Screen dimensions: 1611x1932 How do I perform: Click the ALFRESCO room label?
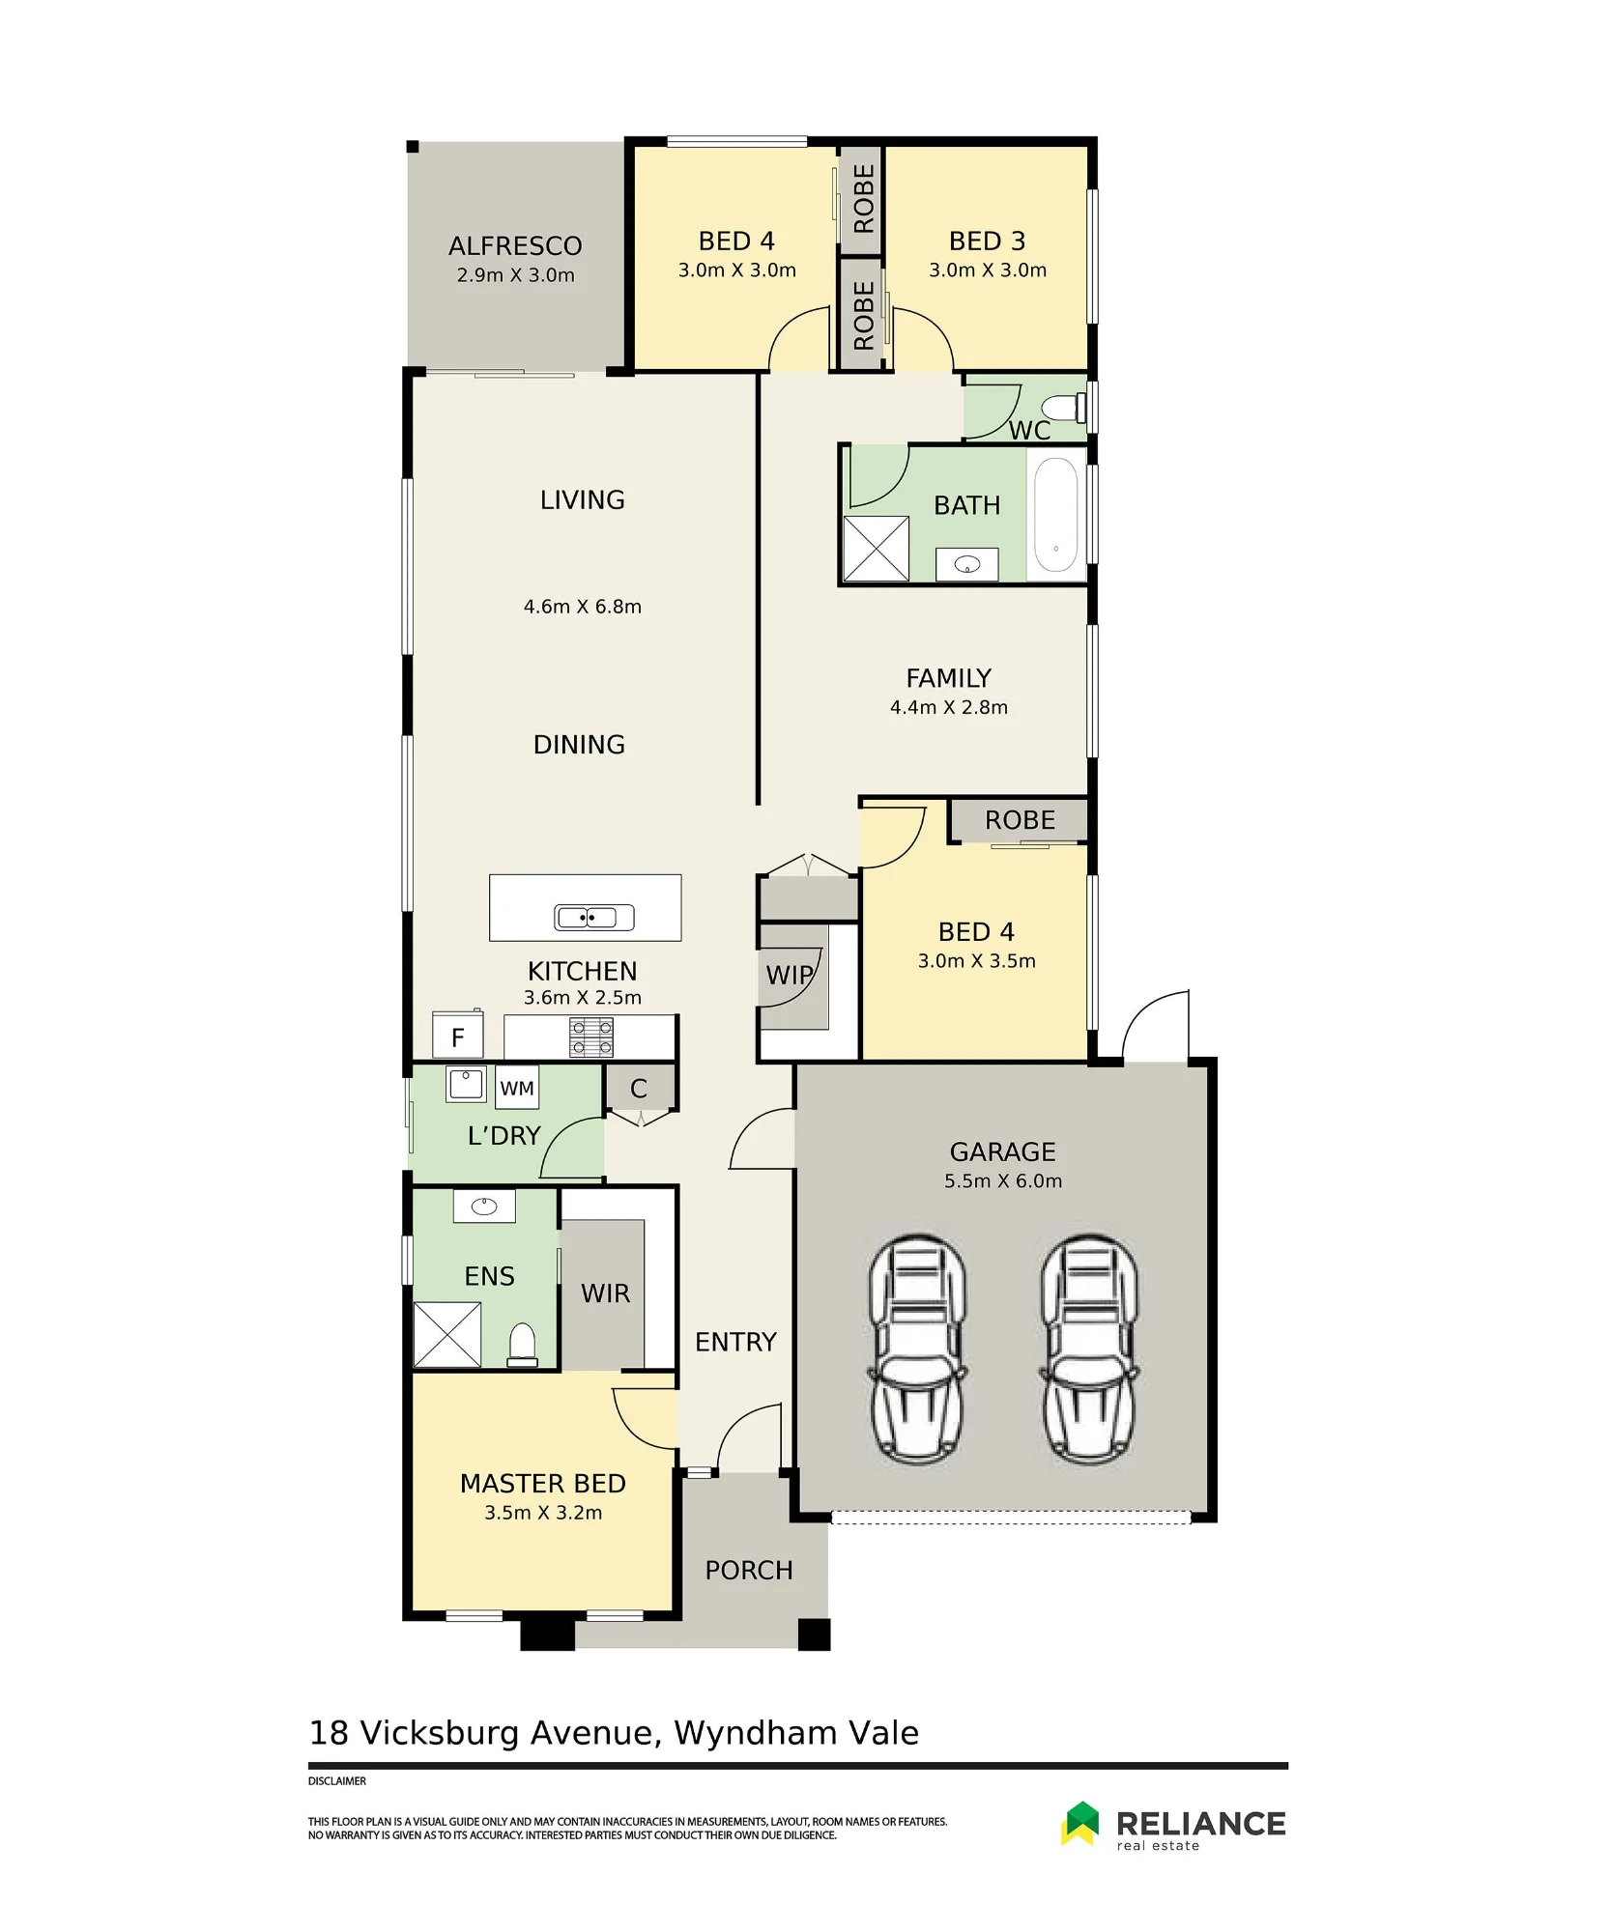515,245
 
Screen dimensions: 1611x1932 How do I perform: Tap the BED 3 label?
987,241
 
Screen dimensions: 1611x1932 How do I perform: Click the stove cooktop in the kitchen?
590,1037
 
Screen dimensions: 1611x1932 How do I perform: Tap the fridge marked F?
457,1036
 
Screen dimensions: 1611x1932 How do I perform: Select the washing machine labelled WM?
517,1088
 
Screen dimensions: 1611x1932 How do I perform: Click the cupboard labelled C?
639,1089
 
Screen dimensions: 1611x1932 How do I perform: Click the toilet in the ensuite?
522,1345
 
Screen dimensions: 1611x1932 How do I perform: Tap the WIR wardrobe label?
605,1293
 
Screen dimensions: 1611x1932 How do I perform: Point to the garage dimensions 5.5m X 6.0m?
1003,1180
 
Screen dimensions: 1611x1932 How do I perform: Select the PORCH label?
749,1571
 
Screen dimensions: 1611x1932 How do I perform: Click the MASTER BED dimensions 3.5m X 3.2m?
543,1513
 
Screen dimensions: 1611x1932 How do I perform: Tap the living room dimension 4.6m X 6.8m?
583,607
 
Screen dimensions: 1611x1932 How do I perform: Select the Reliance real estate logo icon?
1080,1823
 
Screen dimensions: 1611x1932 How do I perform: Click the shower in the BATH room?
877,549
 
